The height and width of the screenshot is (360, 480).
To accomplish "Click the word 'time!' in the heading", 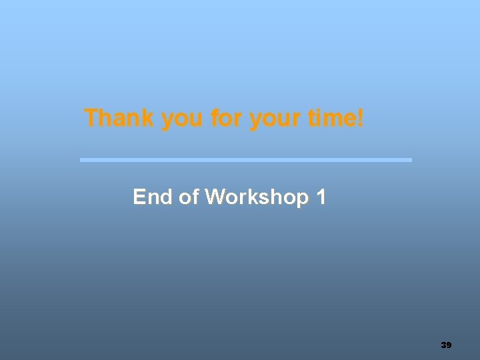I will click(337, 119).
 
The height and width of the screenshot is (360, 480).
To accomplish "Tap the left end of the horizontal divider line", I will click(82, 160).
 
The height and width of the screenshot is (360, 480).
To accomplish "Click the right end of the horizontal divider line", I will click(410, 160).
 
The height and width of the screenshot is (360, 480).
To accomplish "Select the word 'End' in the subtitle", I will click(153, 197).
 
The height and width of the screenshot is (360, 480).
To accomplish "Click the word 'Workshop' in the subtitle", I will click(257, 198).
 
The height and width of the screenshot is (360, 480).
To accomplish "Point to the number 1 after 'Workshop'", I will click(321, 197).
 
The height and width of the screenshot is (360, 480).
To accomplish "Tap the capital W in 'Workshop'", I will click(216, 197).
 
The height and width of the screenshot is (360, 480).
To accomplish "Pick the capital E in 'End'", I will click(139, 197).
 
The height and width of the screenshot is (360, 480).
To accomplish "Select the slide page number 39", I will click(447, 345).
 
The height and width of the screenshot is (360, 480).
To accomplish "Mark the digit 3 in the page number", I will click(444, 345).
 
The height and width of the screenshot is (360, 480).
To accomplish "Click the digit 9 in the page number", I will click(449, 345).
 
